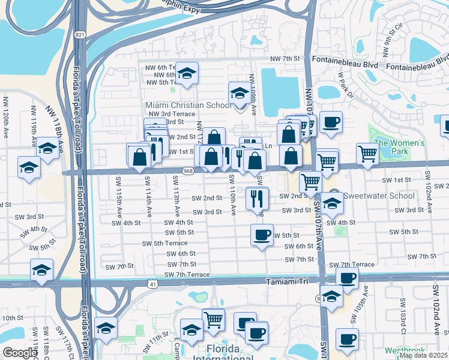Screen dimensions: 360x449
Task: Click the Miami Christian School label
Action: coord(188,106)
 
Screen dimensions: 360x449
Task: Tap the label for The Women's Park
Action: coord(399,148)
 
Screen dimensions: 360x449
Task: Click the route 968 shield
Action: coord(188,172)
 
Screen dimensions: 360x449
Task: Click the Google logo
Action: coord(20,353)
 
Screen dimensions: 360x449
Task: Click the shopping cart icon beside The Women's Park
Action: coord(367,154)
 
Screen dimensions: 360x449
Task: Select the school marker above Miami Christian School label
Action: coord(239,94)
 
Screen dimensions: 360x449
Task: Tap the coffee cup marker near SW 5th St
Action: coord(262,235)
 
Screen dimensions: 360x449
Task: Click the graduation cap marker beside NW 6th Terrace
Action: coord(187,74)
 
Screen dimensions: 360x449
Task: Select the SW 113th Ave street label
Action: coord(176,196)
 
